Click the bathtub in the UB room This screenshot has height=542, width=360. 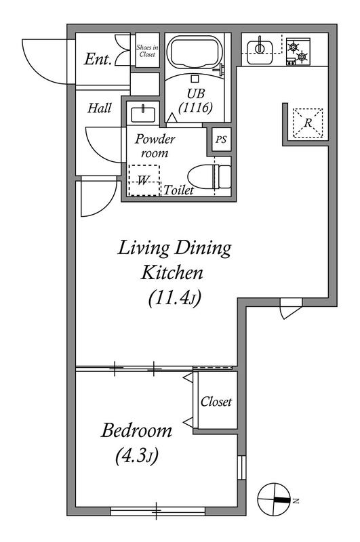pyautogui.click(x=195, y=53)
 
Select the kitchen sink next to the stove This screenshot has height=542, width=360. pyautogui.click(x=260, y=51)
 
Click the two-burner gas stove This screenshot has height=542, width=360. pyautogui.click(x=298, y=51)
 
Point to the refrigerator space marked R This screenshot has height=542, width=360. pyautogui.click(x=308, y=123)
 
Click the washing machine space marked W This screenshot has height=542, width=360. pyautogui.click(x=144, y=180)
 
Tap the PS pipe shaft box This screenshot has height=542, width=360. pyautogui.click(x=221, y=140)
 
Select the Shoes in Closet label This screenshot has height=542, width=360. pyautogui.click(x=147, y=51)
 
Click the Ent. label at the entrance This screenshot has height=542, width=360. pyautogui.click(x=98, y=59)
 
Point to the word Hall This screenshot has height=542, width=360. pyautogui.click(x=99, y=108)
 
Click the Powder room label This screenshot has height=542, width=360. pyautogui.click(x=155, y=146)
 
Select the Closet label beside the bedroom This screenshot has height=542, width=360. pyautogui.click(x=216, y=401)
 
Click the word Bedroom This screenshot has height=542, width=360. pyautogui.click(x=136, y=430)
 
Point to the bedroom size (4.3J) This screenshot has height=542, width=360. pyautogui.click(x=136, y=456)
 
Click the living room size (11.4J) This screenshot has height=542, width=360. pyautogui.click(x=175, y=298)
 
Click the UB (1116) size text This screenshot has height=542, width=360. pyautogui.click(x=195, y=100)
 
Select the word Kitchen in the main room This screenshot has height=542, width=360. pyautogui.click(x=172, y=272)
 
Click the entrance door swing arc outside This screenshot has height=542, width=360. pyautogui.click(x=41, y=69)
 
